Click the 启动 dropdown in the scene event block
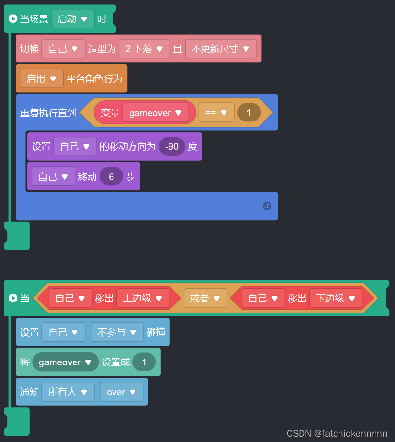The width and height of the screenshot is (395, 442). click(73, 19)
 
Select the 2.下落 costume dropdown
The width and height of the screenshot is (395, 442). click(144, 49)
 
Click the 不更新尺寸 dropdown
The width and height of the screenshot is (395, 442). click(220, 49)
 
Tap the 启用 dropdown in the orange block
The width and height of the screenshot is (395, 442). click(41, 79)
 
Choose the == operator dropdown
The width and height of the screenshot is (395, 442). click(216, 113)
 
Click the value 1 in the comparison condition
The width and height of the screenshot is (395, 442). click(249, 113)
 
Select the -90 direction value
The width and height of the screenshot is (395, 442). click(172, 146)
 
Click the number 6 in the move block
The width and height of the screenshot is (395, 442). click(112, 177)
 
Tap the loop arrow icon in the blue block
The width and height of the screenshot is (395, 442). click(267, 206)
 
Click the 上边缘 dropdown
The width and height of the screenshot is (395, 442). click(142, 298)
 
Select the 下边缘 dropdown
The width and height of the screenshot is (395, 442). click(335, 298)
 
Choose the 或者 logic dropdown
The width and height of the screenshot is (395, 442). click(205, 298)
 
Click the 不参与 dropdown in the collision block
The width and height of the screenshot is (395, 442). click(117, 332)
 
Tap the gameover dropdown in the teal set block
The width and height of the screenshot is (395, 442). click(65, 362)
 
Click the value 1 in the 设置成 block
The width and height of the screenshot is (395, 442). click(144, 362)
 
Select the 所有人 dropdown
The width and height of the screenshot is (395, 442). click(68, 392)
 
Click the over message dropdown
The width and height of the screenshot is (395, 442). click(121, 392)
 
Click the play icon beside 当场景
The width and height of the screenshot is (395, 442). click(13, 19)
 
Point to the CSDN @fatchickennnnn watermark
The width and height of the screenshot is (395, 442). click(337, 433)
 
